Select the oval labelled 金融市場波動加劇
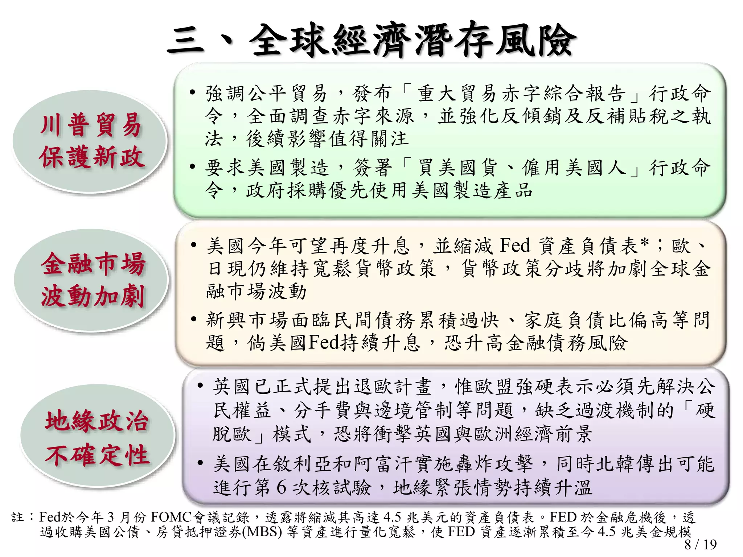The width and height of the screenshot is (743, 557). tap(92, 280)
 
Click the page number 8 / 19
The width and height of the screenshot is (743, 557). tap(700, 544)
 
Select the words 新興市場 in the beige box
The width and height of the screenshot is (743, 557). tap(247, 320)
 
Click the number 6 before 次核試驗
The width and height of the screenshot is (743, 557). tap(282, 487)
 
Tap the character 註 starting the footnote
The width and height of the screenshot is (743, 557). tap(17, 517)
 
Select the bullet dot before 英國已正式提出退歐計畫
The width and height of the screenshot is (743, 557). tap(200, 385)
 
